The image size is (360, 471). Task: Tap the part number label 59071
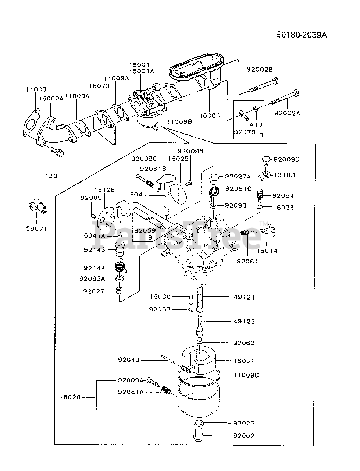(37, 229)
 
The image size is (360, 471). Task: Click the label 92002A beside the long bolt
(287, 113)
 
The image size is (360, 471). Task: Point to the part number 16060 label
(210, 116)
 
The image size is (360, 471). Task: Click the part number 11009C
(246, 375)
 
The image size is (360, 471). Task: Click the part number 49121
(244, 297)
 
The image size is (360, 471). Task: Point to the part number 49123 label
(244, 321)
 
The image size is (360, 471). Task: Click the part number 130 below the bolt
(51, 176)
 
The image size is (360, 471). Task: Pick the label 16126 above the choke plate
(104, 190)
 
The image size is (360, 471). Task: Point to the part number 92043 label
(129, 360)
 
